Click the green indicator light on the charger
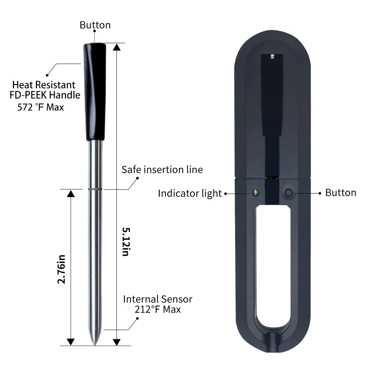(x=255, y=192)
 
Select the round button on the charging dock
(x=288, y=193)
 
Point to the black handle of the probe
(x=95, y=91)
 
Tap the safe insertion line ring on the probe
(x=95, y=189)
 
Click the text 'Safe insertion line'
(x=162, y=169)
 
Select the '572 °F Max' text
(x=41, y=108)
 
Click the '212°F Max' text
(x=158, y=309)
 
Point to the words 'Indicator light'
(x=189, y=193)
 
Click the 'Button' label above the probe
(x=95, y=25)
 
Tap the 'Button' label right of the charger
(x=340, y=192)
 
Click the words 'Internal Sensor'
(x=158, y=299)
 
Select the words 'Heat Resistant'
(x=44, y=85)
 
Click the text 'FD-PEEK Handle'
(x=45, y=95)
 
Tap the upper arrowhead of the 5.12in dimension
(x=117, y=47)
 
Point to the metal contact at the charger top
(x=272, y=56)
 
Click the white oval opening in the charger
(x=273, y=266)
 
